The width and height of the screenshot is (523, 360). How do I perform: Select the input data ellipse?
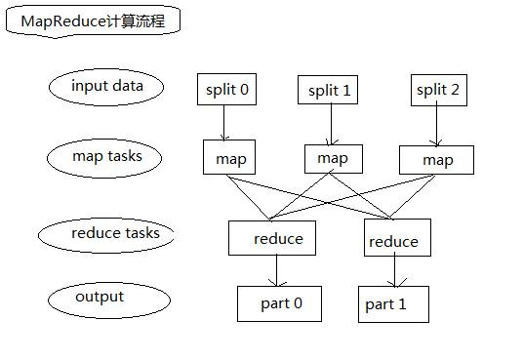tap(106, 86)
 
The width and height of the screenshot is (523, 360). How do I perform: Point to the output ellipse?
tap(100, 297)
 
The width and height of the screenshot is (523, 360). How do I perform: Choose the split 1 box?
tap(329, 91)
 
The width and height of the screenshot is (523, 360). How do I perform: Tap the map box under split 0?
tap(230, 158)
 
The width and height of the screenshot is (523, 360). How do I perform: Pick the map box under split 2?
tap(436, 160)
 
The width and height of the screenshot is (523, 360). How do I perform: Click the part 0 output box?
tap(280, 303)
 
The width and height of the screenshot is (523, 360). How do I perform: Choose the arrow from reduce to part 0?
tap(278, 270)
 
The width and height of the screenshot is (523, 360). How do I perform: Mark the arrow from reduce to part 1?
tap(393, 272)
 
